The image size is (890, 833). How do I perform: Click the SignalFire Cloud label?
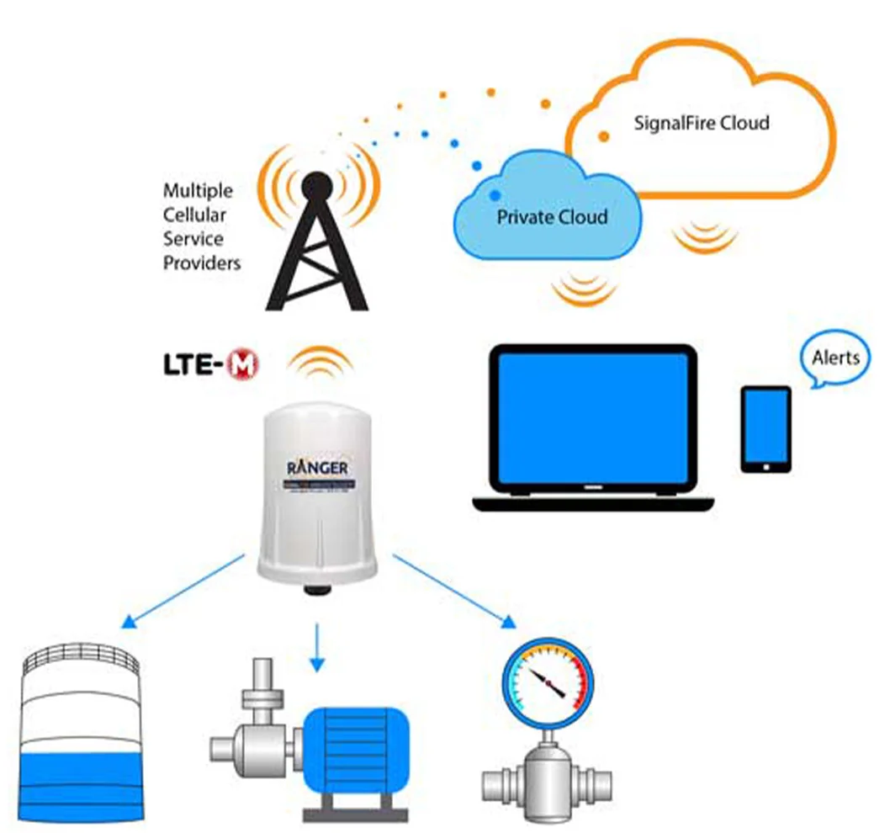pos(701,123)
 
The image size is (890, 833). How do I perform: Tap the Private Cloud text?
pos(552,217)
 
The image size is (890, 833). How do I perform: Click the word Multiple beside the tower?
pos(198,190)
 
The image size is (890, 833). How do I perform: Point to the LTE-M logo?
pos(210,364)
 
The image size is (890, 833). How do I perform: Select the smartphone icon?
pos(766,429)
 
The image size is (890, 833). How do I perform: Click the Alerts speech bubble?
pos(835,358)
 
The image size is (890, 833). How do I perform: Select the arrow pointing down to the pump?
pos(316,648)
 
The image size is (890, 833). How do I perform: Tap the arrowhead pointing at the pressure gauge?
pos(508,623)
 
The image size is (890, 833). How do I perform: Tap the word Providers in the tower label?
pos(202,263)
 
